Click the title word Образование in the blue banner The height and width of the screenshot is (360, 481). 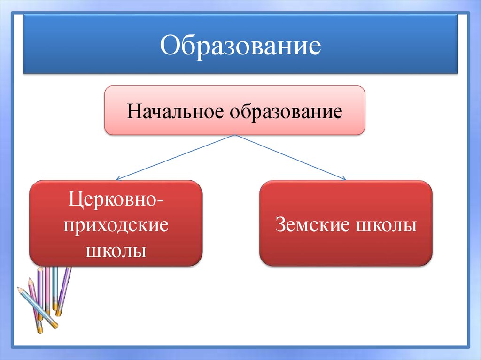click(x=240, y=46)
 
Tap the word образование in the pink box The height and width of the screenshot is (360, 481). click(x=286, y=112)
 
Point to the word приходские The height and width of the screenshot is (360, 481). click(x=116, y=226)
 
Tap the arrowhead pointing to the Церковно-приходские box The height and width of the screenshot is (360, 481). click(x=117, y=179)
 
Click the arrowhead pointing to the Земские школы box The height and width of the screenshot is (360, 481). click(x=344, y=178)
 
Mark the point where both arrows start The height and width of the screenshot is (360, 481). click(x=234, y=135)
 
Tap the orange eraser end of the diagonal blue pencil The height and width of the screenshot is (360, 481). click(x=55, y=325)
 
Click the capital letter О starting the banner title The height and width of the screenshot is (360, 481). click(x=168, y=46)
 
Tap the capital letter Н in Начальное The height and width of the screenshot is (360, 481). click(x=132, y=112)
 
